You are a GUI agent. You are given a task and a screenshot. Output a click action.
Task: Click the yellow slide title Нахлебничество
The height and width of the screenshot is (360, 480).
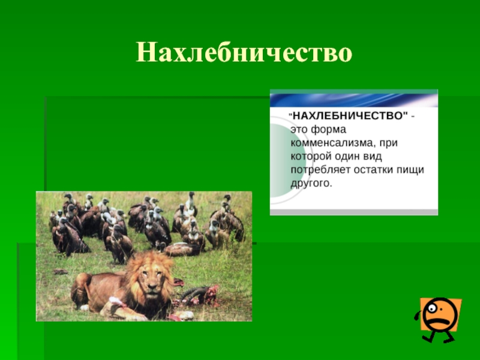click(244, 53)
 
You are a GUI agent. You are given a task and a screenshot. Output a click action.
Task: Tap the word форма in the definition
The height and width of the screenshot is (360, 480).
click(328, 130)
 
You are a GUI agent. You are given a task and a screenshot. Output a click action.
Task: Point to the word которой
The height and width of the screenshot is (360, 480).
click(311, 157)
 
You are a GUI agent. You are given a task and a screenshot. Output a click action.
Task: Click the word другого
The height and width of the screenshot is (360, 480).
click(311, 184)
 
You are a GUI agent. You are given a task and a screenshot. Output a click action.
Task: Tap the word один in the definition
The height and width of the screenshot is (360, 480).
click(347, 157)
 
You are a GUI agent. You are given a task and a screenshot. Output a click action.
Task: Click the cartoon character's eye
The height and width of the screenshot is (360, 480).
click(431, 308)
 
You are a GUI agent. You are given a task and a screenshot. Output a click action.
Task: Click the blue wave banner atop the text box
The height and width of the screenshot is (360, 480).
click(354, 100)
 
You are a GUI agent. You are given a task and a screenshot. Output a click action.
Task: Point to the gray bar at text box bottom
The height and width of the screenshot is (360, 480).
click(354, 212)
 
